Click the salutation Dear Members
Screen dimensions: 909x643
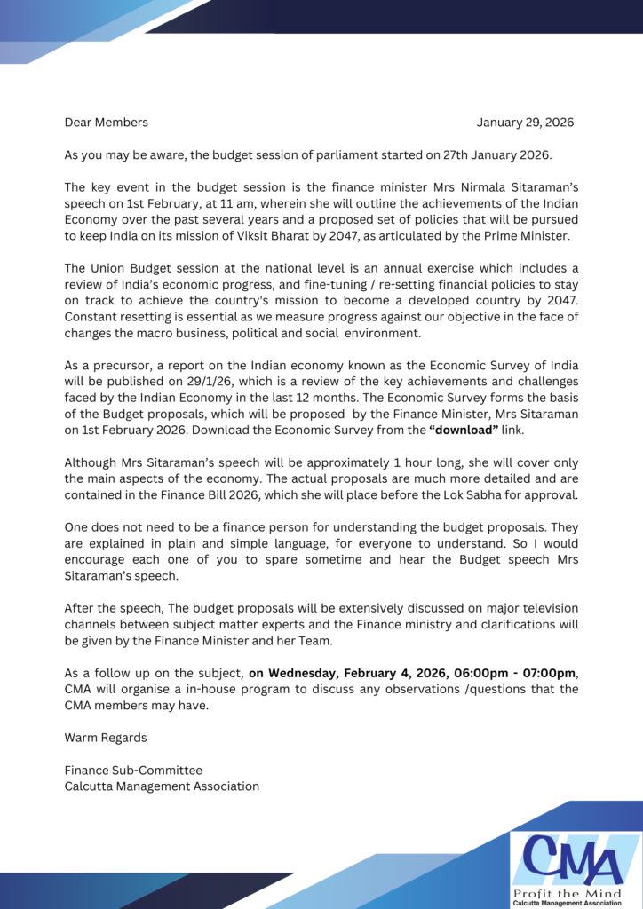tap(106, 123)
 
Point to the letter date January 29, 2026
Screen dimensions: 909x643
tap(525, 123)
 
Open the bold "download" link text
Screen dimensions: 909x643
tap(464, 430)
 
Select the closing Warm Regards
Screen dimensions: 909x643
tap(106, 738)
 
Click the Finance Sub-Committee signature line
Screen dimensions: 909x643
tap(133, 771)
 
